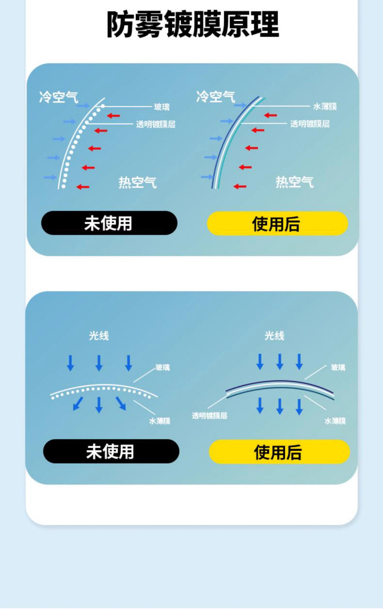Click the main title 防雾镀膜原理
193,24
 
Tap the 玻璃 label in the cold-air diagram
162,107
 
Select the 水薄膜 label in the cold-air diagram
325,107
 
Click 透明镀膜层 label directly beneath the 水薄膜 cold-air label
310,124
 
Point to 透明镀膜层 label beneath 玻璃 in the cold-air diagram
156,124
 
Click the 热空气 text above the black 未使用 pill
137,182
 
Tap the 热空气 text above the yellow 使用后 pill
295,182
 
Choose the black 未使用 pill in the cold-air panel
109,223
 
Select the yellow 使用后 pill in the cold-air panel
277,224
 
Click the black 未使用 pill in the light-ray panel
111,451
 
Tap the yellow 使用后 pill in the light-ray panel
279,452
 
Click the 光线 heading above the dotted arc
99,335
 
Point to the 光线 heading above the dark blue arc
274,335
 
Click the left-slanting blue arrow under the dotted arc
78,403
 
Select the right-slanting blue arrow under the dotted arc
121,403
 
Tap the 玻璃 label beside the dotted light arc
163,368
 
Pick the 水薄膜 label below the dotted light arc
160,421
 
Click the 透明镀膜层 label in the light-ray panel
209,416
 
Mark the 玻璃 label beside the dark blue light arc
338,367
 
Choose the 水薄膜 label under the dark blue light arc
335,421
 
